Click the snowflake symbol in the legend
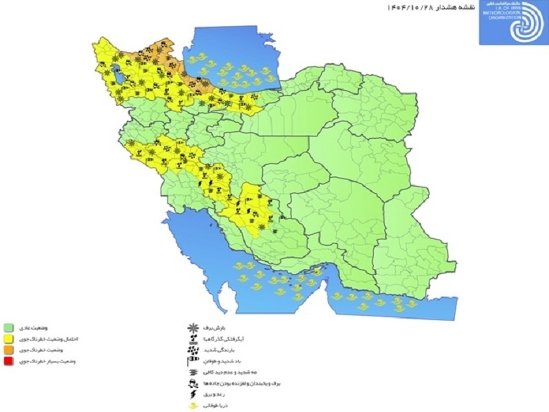194,327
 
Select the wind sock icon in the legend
193,362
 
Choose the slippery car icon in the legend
193,383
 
